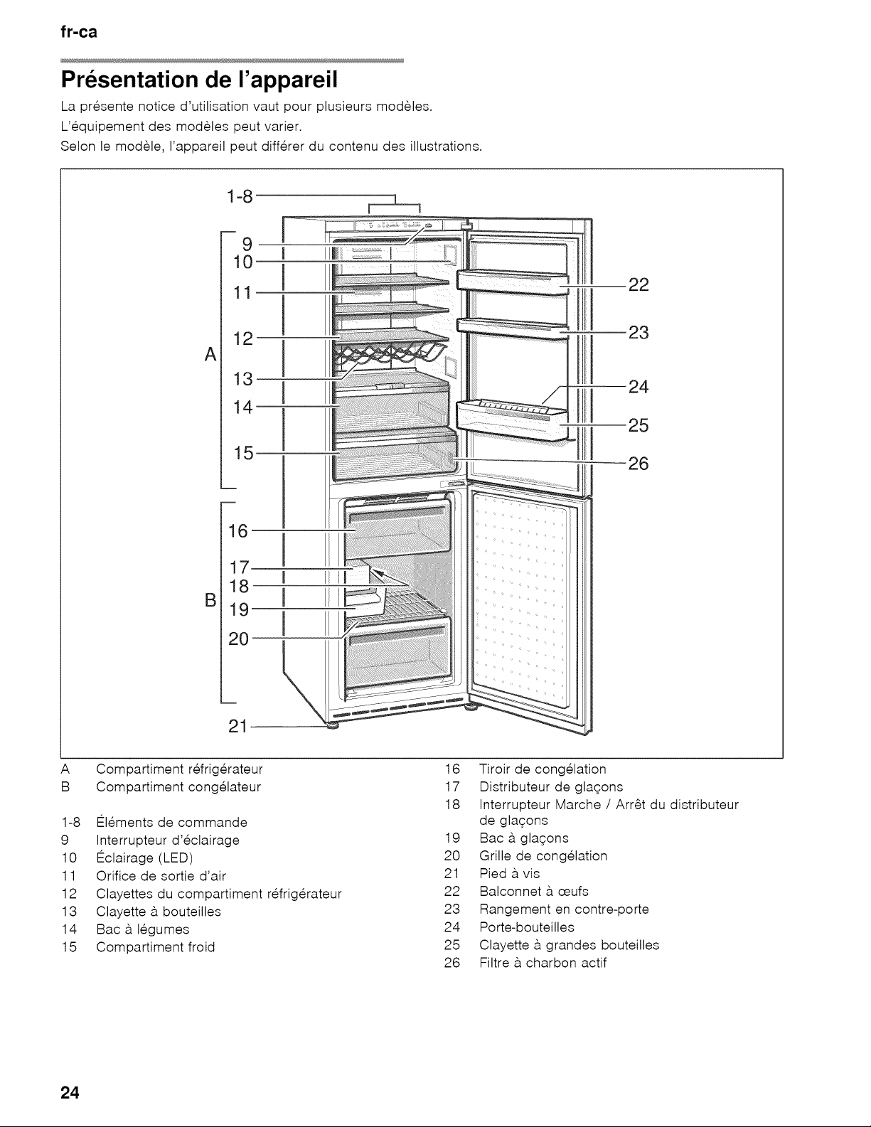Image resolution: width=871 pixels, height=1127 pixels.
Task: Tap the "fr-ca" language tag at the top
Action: point(79,32)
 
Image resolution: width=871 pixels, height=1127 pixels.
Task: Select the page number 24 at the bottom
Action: point(70,1093)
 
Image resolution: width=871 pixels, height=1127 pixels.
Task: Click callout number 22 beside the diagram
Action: point(638,284)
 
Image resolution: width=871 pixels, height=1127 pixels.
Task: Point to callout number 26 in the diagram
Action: point(638,463)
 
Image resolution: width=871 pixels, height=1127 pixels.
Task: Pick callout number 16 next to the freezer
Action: point(238,531)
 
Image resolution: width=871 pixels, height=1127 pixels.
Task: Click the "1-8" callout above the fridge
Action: point(240,196)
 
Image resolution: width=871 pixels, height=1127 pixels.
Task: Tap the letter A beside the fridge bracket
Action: point(210,355)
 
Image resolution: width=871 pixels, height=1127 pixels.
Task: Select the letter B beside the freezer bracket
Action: point(210,601)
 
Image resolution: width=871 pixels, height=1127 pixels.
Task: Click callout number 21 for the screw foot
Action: point(238,727)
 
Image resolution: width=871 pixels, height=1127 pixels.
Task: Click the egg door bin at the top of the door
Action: point(512,283)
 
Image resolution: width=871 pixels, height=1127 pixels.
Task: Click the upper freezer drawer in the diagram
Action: point(397,530)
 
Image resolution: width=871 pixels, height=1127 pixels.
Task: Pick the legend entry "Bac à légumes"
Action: point(143,929)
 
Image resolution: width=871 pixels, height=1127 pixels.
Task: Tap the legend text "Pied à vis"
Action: point(510,874)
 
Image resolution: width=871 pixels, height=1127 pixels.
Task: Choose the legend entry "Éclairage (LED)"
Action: point(144,858)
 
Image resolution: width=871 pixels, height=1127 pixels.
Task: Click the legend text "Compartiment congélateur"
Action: point(178,787)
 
